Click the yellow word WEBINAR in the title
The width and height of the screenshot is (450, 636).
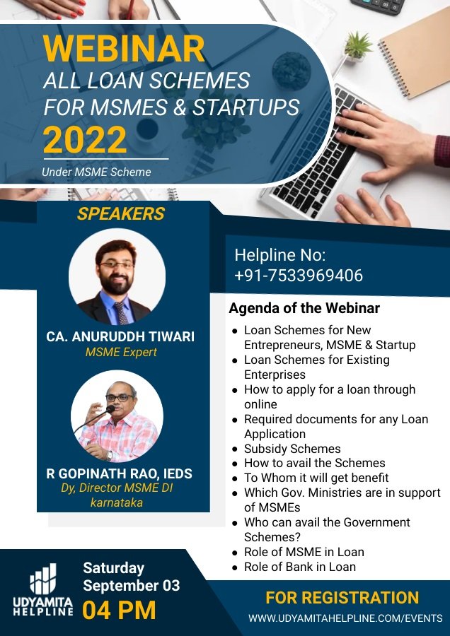coord(124,49)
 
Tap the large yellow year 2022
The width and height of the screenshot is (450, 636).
coord(85,139)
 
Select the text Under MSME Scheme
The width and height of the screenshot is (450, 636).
coord(96,172)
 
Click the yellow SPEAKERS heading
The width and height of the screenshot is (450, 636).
coord(121,213)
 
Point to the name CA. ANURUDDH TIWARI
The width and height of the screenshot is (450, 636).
coord(120,336)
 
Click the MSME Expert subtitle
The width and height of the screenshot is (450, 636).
coord(121,352)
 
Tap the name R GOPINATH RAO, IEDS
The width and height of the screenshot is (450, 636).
coord(120,473)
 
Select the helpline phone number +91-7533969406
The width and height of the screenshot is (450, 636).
coord(299,276)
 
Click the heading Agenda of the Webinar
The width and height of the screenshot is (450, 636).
coord(304,308)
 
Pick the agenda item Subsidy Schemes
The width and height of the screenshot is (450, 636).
coord(292,449)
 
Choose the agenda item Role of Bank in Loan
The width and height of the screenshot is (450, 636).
coord(300,567)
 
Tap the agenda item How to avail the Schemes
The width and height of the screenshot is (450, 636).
coord(315,463)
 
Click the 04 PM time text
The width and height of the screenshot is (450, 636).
coord(119,610)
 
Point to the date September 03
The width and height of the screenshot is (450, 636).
coord(131,586)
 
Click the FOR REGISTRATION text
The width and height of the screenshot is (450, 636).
coord(342,597)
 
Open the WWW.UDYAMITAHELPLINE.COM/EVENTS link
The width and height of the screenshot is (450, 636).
coord(345,618)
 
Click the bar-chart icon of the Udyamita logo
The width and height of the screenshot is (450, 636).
coord(42,578)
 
